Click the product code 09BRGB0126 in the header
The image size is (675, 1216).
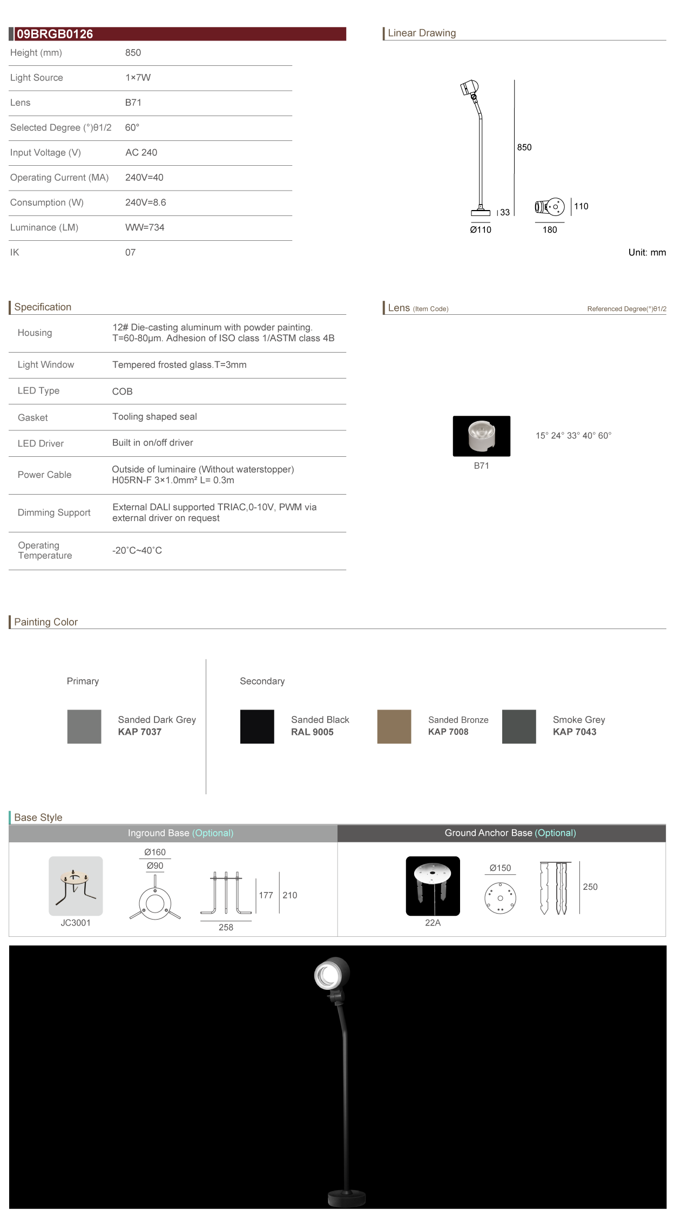click(x=55, y=34)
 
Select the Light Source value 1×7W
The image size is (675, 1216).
click(x=138, y=78)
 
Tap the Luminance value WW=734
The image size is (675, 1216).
click(x=145, y=227)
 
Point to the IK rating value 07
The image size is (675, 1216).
click(x=130, y=252)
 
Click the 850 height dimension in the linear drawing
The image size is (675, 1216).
click(x=524, y=147)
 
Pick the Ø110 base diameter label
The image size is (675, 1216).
click(x=481, y=230)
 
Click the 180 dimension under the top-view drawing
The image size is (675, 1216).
click(x=550, y=230)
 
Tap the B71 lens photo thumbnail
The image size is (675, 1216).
click(x=481, y=436)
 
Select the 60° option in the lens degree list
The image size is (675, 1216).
click(x=605, y=436)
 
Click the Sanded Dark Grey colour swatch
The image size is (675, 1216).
click(x=84, y=726)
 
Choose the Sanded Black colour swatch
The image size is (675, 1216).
click(x=257, y=726)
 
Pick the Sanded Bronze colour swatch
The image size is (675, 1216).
click(x=394, y=726)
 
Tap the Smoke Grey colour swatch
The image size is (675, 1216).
click(x=519, y=726)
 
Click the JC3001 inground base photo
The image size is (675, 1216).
click(x=76, y=886)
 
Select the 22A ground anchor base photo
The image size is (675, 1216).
click(x=433, y=886)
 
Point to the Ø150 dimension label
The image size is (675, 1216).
click(x=500, y=868)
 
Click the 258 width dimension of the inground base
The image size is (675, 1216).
click(x=226, y=927)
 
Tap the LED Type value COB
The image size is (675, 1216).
click(x=122, y=391)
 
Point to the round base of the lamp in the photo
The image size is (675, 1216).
click(x=347, y=1198)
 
